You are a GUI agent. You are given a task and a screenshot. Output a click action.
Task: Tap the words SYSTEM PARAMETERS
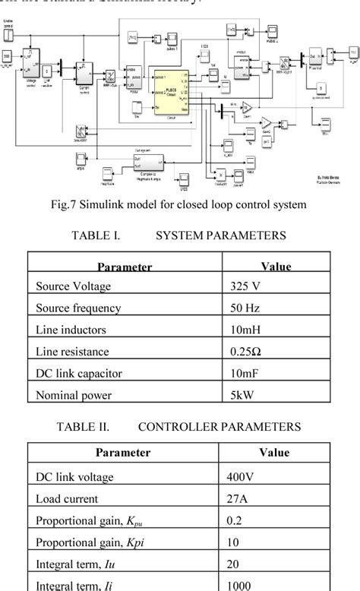[221, 236]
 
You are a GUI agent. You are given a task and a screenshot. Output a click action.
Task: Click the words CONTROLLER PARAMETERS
[219, 427]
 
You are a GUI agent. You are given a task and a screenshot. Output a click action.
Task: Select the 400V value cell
[241, 477]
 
